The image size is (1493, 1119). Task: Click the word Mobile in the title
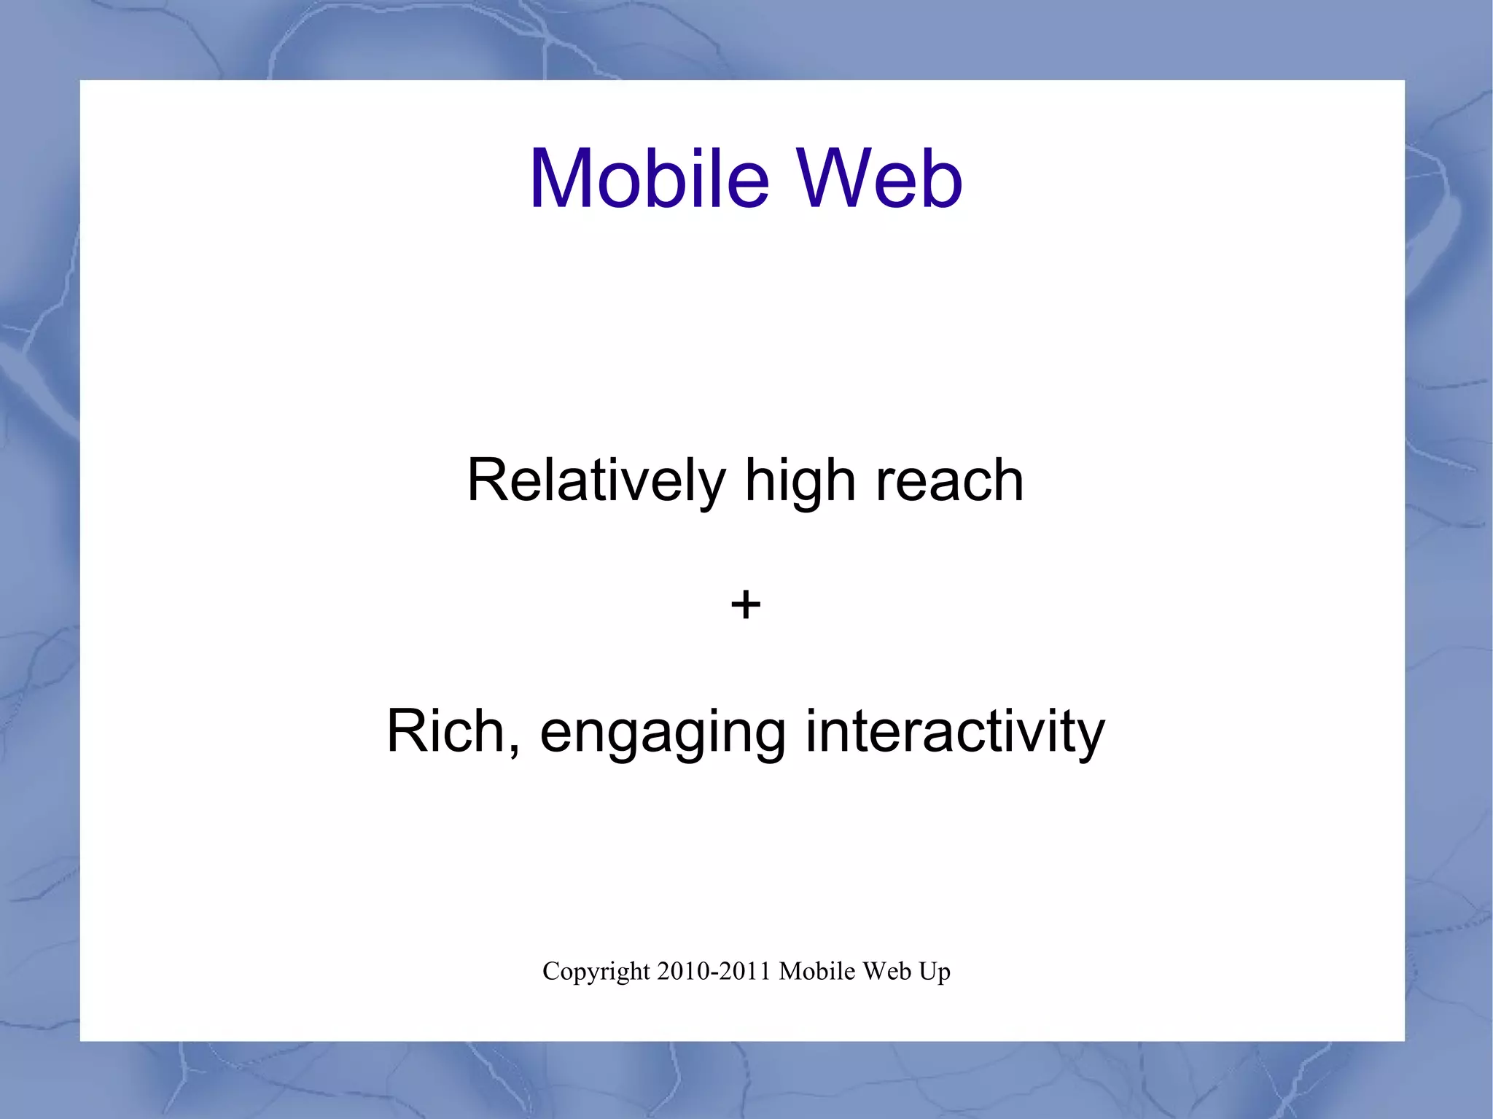click(649, 179)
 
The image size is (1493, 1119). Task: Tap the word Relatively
click(596, 481)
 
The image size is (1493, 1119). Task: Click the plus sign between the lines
click(745, 605)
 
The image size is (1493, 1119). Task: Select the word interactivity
click(955, 732)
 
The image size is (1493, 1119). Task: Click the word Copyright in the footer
click(596, 972)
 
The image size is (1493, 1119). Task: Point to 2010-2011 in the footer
click(714, 971)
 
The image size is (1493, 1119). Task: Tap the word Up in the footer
click(935, 972)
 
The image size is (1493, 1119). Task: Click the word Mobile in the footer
click(816, 971)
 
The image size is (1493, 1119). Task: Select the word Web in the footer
click(884, 971)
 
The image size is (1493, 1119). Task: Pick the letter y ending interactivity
click(1091, 736)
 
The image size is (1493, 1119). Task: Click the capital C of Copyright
click(550, 971)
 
